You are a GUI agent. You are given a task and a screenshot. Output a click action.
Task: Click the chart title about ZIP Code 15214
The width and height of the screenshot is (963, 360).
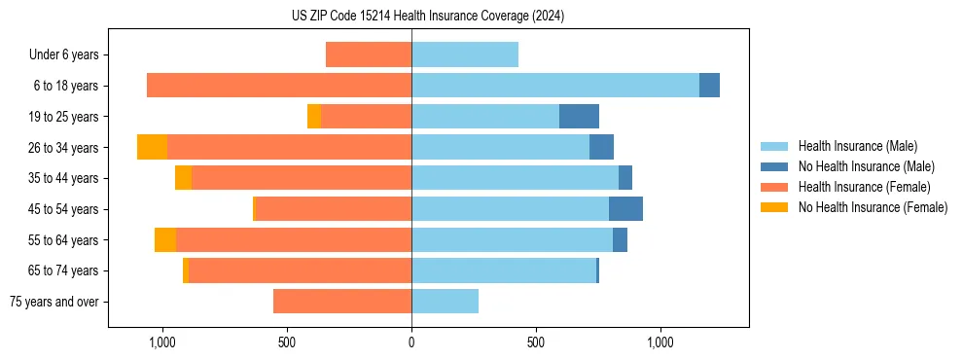click(428, 16)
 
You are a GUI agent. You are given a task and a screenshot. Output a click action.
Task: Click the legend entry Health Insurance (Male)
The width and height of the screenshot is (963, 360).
click(857, 146)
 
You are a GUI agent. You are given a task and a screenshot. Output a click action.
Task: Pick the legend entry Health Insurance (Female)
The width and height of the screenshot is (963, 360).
click(864, 187)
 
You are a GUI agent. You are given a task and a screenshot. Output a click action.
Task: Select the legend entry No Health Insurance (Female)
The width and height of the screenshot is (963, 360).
click(873, 207)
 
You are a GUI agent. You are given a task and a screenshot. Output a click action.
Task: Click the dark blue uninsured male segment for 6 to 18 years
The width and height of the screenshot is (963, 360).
click(709, 86)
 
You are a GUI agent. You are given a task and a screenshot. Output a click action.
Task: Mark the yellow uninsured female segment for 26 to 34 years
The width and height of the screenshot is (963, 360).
click(152, 147)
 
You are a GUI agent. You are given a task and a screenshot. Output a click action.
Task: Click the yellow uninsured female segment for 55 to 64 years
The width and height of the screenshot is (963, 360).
click(165, 240)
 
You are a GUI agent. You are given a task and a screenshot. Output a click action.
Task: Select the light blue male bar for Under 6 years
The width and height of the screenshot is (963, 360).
click(465, 54)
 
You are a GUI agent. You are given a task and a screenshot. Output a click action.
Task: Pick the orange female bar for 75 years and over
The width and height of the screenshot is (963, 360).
click(342, 302)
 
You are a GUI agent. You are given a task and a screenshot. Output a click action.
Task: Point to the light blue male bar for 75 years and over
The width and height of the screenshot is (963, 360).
click(445, 302)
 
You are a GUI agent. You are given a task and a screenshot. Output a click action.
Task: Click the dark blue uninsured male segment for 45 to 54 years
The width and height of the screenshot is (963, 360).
click(625, 209)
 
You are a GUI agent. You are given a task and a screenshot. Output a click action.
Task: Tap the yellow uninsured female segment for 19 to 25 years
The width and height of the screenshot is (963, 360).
click(314, 117)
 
